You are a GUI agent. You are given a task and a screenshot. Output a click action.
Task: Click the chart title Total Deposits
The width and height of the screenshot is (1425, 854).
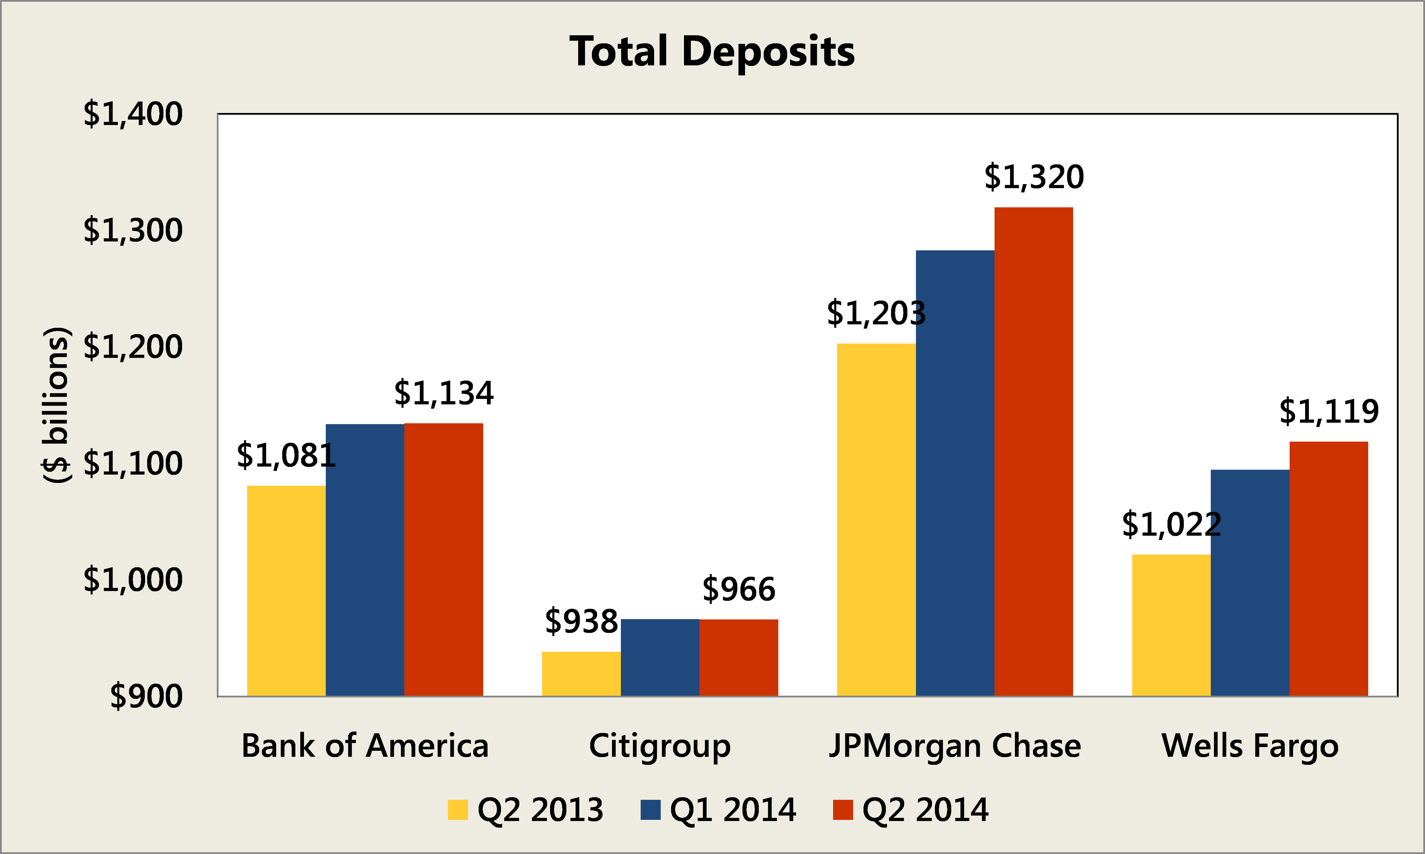712,52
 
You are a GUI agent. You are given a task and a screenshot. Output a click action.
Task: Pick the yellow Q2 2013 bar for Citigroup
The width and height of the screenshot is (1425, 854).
581,674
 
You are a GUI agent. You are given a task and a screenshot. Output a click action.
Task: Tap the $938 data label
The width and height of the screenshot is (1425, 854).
581,622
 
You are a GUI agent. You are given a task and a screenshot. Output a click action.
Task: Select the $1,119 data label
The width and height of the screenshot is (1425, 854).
1329,412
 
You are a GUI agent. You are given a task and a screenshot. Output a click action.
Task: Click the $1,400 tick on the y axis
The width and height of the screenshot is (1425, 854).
133,114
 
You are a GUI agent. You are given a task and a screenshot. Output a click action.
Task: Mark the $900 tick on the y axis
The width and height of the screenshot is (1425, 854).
146,696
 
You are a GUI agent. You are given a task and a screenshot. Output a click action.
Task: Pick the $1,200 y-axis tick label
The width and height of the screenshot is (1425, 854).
133,347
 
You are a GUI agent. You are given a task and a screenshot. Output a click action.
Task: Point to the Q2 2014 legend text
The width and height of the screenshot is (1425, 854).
925,810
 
